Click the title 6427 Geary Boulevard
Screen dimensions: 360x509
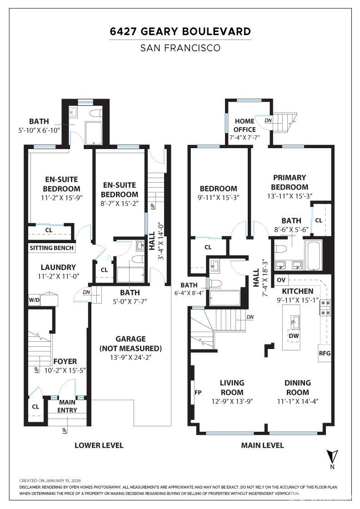[180, 31]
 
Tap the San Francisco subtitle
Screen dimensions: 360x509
[180, 48]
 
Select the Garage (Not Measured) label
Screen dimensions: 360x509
[130, 344]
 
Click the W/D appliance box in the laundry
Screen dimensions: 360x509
[34, 300]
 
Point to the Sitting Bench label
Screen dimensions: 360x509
[52, 248]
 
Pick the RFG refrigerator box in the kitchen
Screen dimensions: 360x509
[325, 353]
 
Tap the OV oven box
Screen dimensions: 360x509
[281, 280]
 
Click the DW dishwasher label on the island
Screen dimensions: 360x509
[294, 336]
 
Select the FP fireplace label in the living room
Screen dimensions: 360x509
[198, 393]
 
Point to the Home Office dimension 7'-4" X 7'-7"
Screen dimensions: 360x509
[245, 137]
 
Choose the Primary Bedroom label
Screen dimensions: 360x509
[290, 182]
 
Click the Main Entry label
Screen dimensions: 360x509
[67, 406]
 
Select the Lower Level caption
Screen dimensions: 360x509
[99, 445]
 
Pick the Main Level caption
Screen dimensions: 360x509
[262, 445]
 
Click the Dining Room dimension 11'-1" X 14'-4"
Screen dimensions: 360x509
[298, 401]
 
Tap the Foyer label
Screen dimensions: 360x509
[65, 361]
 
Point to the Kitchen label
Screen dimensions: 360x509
[297, 291]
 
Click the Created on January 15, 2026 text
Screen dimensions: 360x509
[50, 481]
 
